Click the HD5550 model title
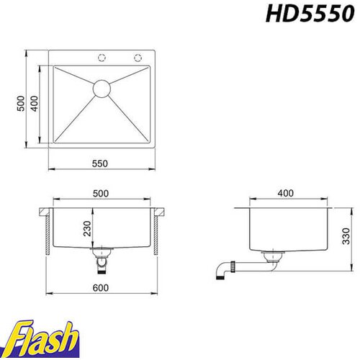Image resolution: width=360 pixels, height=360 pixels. (x=310, y=14)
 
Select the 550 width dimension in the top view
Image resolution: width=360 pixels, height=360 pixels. (x=100, y=163)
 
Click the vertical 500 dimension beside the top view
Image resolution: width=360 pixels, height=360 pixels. (x=21, y=104)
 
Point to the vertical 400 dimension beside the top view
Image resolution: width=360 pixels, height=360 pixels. (x=35, y=104)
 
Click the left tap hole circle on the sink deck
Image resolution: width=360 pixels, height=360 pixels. (x=102, y=58)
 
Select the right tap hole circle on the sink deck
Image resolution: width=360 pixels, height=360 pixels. (x=138, y=58)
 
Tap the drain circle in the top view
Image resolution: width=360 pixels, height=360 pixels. (x=102, y=89)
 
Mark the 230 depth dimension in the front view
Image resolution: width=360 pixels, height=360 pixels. (x=87, y=228)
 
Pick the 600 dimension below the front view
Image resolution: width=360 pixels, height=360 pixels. (x=101, y=287)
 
